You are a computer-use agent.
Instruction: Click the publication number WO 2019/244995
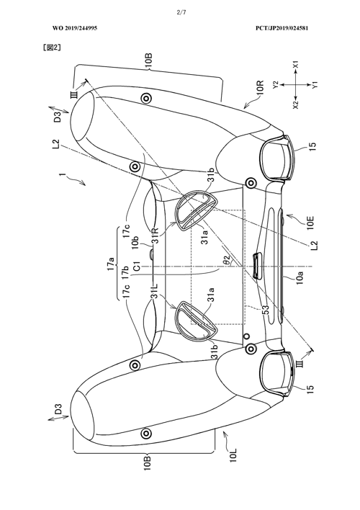coord(75,28)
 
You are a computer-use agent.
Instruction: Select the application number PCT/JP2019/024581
coord(282,28)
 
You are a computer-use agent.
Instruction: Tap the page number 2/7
coord(181,12)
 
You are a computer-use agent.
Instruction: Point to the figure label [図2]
coord(52,48)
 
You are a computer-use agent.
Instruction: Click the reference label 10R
coord(260,88)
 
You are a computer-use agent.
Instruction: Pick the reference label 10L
coord(233,455)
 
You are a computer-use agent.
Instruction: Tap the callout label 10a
coord(300,278)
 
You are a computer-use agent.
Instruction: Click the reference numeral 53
coord(266,308)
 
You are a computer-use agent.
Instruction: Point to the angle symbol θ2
coord(227,259)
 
